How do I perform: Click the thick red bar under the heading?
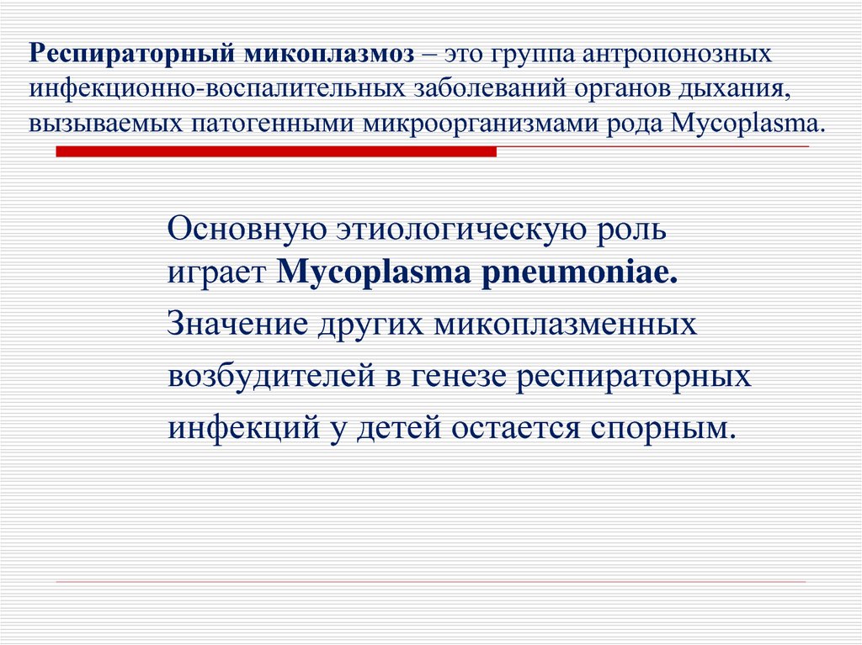point(276,151)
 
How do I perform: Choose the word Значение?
point(237,324)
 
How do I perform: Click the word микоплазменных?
point(565,325)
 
